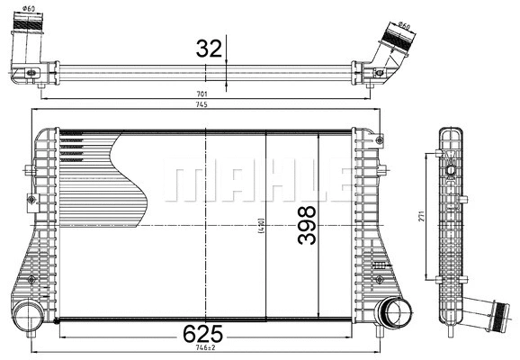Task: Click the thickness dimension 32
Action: pos(208,49)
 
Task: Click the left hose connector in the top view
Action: pos(30,49)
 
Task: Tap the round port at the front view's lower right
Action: pos(392,314)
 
